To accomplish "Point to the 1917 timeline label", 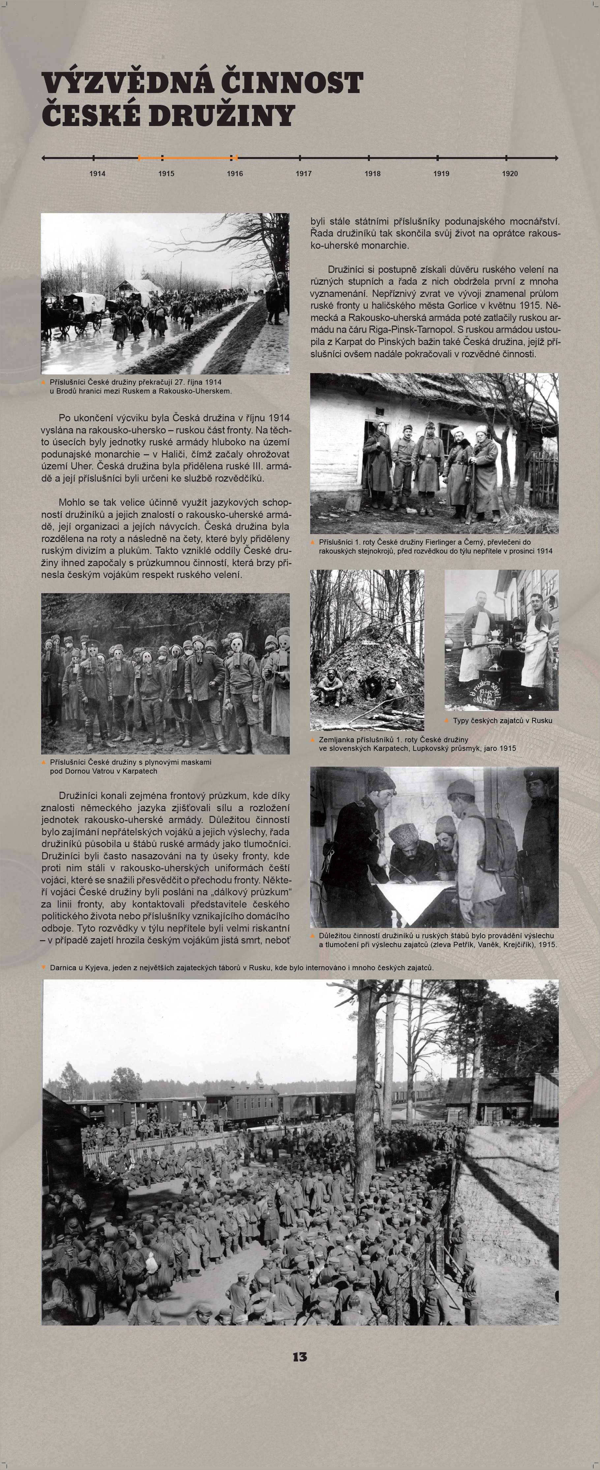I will click(303, 174).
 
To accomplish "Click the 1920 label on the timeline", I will click(510, 174).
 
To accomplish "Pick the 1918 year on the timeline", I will click(373, 174).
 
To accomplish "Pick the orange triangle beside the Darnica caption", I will click(44, 968).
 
